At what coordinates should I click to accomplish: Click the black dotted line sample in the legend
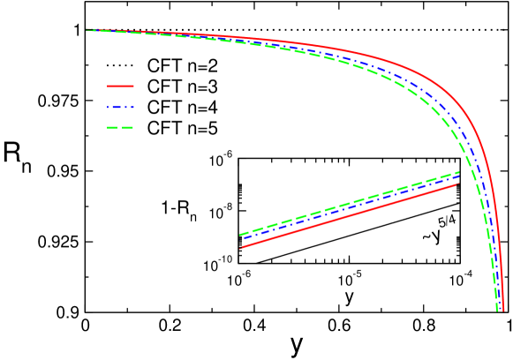coord(119,66)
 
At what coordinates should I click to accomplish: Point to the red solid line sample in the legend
coord(119,87)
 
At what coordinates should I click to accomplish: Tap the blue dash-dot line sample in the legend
coord(119,108)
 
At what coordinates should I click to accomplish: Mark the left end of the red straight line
coord(241,248)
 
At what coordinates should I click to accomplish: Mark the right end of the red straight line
coord(458,184)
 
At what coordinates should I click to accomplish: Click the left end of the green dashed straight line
coord(241,235)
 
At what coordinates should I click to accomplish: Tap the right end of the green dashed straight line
coord(459,172)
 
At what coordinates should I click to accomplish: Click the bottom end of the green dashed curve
coord(496,311)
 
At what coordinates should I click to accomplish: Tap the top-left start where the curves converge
coord(87,30)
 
